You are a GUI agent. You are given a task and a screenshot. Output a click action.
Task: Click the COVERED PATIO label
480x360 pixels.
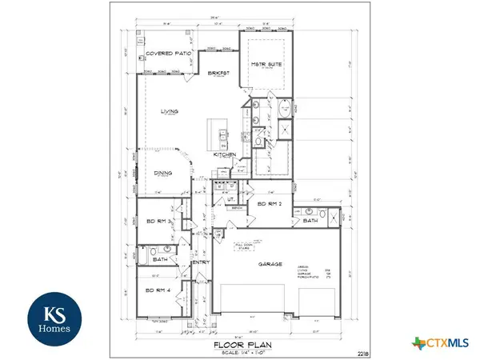(x=166, y=54)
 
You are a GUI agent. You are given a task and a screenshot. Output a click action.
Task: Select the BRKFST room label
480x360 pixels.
(x=219, y=72)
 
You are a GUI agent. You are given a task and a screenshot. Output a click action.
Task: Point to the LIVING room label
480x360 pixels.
(x=167, y=112)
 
